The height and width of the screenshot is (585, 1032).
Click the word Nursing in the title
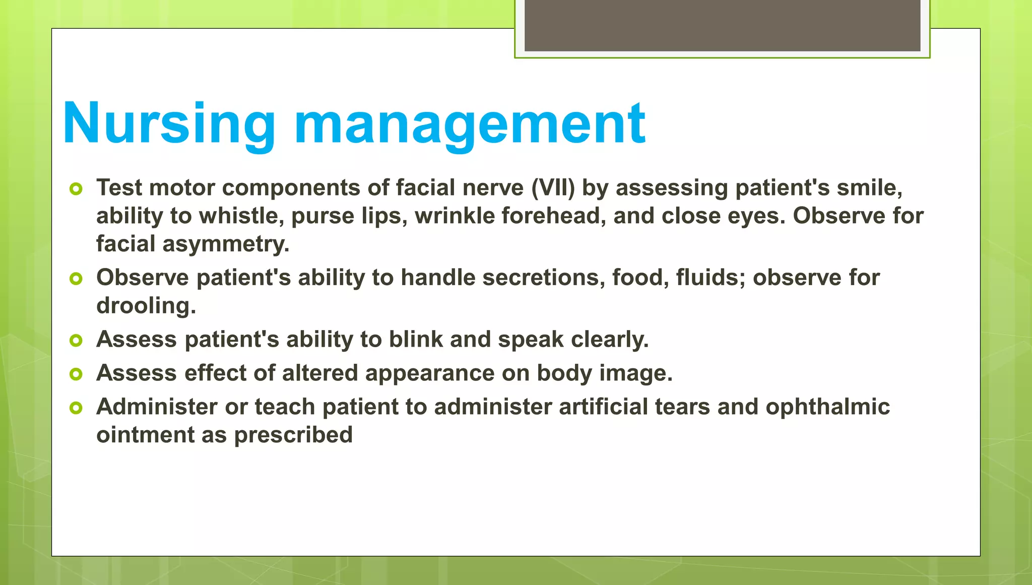[169, 123]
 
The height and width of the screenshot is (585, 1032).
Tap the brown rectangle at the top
[722, 25]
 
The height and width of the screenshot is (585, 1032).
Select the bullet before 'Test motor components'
[76, 189]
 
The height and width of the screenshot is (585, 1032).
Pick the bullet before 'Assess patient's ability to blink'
[76, 341]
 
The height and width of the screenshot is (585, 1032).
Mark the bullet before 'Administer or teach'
[76, 408]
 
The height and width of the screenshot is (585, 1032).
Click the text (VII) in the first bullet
[553, 188]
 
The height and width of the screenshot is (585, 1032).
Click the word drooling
[146, 306]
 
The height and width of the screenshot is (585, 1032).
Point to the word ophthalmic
[827, 407]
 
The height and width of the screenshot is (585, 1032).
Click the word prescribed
[293, 435]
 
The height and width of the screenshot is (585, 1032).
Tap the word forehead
[553, 216]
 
